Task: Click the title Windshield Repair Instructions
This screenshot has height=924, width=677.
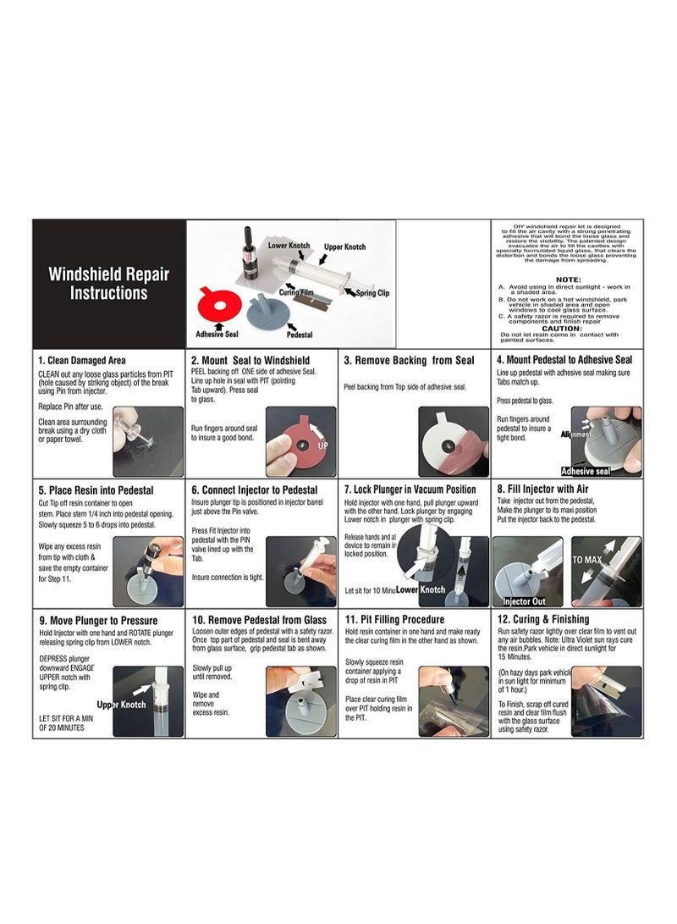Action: [x=108, y=284]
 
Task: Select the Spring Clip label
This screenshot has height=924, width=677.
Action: [x=369, y=291]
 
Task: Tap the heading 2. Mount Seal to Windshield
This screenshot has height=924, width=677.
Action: [x=250, y=360]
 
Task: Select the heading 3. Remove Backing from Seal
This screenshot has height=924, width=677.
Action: [x=409, y=360]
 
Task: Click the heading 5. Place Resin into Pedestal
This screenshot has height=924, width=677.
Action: [x=96, y=490]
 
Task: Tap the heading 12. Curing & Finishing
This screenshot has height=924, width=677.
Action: [x=551, y=620]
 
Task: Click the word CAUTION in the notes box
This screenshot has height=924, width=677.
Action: [x=562, y=328]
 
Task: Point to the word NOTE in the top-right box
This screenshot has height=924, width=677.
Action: [x=568, y=279]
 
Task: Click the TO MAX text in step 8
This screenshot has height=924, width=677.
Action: [x=587, y=560]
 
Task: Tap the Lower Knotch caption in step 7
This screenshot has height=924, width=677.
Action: [x=421, y=589]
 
